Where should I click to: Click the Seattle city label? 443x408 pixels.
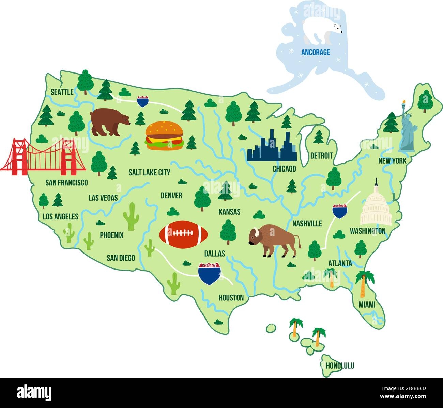[62, 92]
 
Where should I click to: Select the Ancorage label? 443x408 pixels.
[316, 52]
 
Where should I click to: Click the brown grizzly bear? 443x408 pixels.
[108, 122]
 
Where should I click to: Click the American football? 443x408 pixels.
[184, 233]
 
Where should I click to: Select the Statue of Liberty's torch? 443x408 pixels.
[404, 102]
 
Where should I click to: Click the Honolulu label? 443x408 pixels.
[340, 366]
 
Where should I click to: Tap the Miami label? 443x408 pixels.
[367, 305]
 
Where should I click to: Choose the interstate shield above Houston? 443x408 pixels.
[209, 273]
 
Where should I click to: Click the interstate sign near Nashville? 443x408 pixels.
[340, 211]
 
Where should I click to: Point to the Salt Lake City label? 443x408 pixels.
[149, 172]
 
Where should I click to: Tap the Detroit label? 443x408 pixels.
[321, 156]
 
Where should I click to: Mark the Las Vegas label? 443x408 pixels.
[103, 198]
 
